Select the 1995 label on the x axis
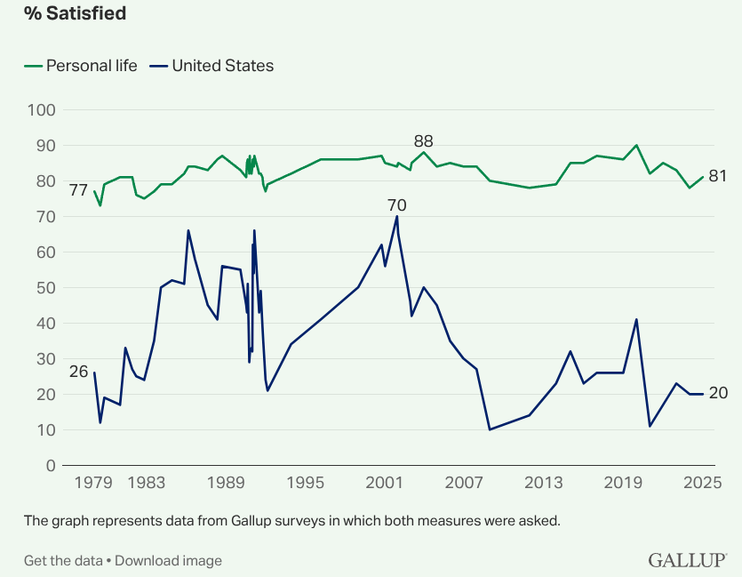click(306, 483)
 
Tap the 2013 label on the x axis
click(544, 483)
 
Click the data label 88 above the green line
click(424, 141)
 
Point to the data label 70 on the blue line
click(396, 205)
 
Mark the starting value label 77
click(78, 190)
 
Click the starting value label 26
click(78, 372)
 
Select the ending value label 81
click(718, 176)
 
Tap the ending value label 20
click(718, 394)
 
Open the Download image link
click(168, 560)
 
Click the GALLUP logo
click(687, 560)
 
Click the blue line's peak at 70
click(397, 216)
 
